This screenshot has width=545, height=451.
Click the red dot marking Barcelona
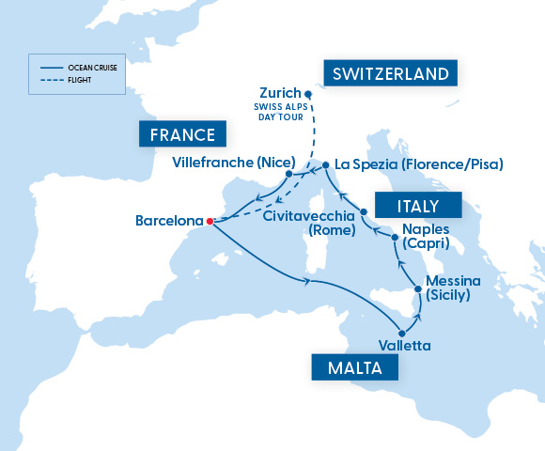[x=209, y=222]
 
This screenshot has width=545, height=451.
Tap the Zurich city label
[x=279, y=93]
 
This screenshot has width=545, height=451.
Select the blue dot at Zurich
[x=308, y=93]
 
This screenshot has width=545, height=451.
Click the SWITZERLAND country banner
[x=384, y=74]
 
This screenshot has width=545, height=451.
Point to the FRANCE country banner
[x=183, y=133]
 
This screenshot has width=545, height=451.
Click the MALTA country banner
[x=355, y=366]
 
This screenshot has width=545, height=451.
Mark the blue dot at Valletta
[x=402, y=332]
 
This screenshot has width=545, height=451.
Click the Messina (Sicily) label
[x=453, y=288]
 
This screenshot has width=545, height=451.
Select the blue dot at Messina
[x=418, y=288]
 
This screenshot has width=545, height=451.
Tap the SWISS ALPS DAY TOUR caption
[x=277, y=114]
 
